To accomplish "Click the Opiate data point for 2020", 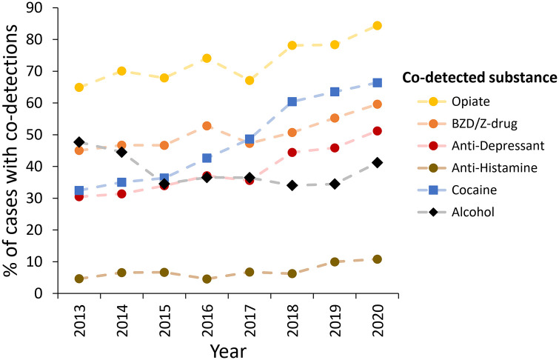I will [378, 25].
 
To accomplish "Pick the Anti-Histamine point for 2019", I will [335, 261].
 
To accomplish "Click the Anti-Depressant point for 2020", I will [378, 131].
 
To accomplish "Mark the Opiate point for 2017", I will [250, 80].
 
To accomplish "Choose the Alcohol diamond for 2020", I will [378, 162].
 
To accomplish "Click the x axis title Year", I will [227, 348].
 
